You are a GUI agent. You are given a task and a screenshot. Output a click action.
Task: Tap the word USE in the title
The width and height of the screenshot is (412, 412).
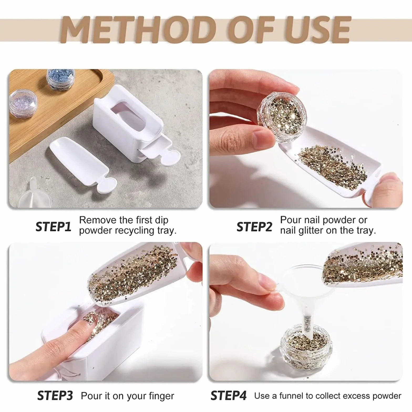tap(317, 29)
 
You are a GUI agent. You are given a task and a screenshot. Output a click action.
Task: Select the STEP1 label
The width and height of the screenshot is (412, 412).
tap(53, 226)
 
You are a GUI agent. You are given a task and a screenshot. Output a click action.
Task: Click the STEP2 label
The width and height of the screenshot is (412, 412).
tap(254, 226)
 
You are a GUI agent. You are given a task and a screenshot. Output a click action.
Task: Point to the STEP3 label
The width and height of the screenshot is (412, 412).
tap(55, 395)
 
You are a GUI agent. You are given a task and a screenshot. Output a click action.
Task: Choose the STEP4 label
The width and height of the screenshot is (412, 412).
tap(229, 395)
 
